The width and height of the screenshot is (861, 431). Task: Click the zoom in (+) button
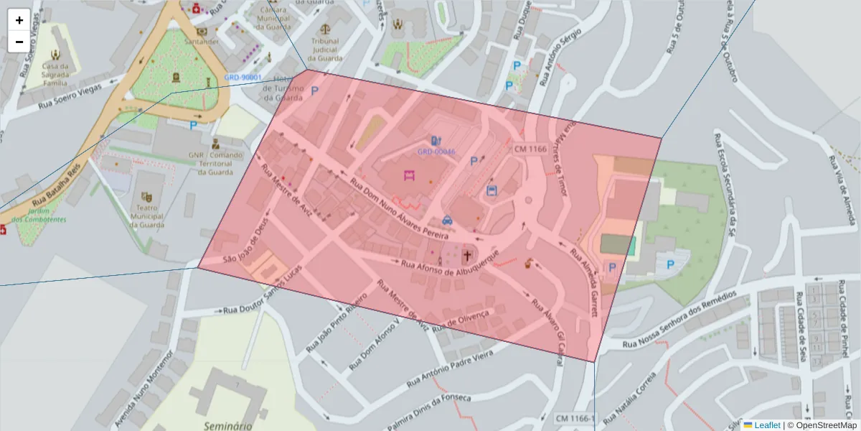(19, 20)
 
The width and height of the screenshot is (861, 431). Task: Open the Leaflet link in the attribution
(767, 425)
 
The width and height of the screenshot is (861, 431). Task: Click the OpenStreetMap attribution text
(826, 425)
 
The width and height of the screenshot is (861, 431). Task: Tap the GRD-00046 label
(436, 152)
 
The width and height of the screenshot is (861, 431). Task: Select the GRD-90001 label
(243, 78)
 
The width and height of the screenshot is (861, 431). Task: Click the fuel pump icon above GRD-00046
(435, 140)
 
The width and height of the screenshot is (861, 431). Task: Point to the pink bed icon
(410, 175)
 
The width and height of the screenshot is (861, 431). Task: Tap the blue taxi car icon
(448, 221)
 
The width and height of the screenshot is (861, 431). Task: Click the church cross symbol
(468, 254)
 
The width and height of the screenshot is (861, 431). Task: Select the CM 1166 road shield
(530, 149)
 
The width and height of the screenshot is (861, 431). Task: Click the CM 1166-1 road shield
(575, 418)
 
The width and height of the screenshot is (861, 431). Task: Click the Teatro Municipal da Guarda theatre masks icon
(147, 196)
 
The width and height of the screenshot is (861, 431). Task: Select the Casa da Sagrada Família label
(55, 72)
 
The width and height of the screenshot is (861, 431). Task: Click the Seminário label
(227, 425)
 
